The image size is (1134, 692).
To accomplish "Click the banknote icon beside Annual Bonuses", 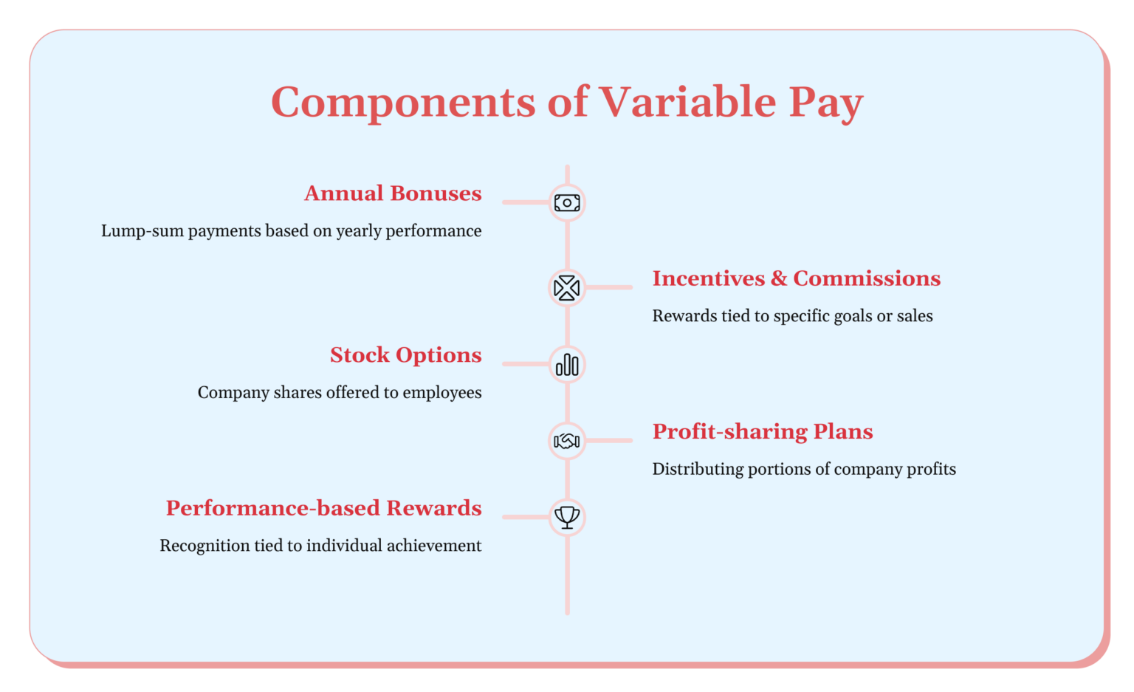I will [x=567, y=203].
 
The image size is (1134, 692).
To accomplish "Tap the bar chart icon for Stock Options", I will [x=567, y=364].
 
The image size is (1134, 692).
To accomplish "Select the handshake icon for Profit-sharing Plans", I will [x=567, y=441].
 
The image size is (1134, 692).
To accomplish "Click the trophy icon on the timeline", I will [x=567, y=517].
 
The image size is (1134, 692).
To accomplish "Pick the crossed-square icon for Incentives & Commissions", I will [x=567, y=288].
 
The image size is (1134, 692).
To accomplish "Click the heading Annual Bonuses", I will [x=393, y=193].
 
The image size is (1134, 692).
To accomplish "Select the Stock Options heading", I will [x=405, y=355].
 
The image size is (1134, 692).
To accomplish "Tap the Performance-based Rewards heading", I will [x=323, y=508].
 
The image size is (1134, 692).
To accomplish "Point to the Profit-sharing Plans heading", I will [x=762, y=431].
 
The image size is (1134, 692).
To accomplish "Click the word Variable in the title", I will [x=687, y=102].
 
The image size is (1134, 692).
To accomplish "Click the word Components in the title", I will [x=402, y=102].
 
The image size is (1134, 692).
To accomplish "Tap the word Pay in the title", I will [x=825, y=102].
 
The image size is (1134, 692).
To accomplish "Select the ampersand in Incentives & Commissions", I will [x=779, y=278].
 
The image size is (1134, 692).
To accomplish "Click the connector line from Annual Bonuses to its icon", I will [x=526, y=202].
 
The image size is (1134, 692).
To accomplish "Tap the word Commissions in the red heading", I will [x=867, y=278].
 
